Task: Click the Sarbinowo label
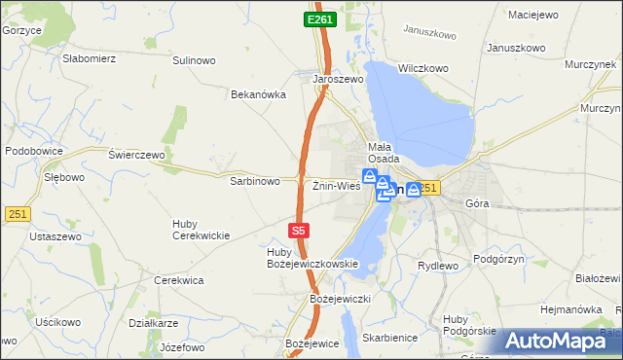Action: (x=255, y=181)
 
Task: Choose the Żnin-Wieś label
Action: (x=337, y=185)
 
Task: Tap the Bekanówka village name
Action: (x=258, y=95)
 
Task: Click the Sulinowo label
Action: (x=194, y=60)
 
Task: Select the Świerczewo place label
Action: (x=137, y=155)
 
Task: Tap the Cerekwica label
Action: (x=178, y=280)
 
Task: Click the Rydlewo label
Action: (x=437, y=266)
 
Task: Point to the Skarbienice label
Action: (x=387, y=338)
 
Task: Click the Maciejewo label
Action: (x=533, y=15)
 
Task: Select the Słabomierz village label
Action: (x=90, y=58)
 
